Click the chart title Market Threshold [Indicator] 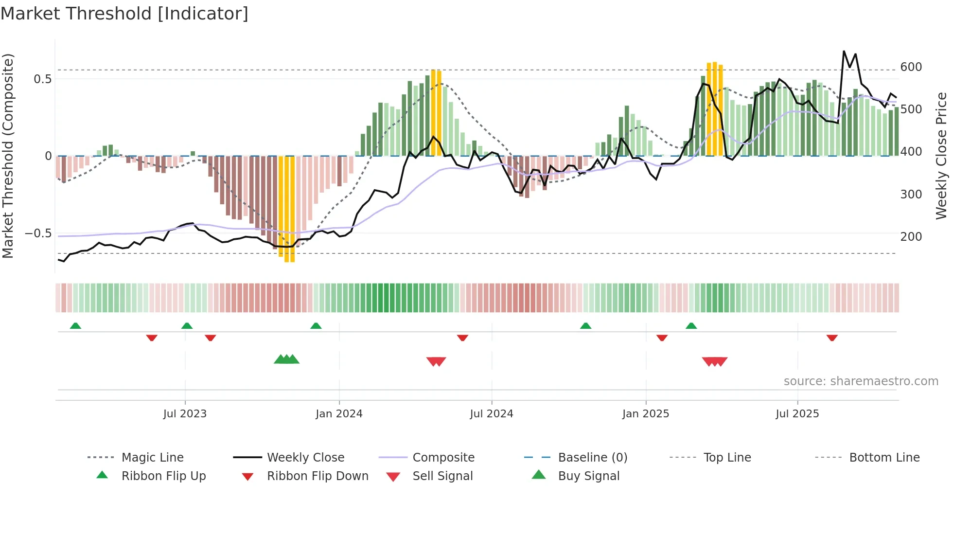click(124, 14)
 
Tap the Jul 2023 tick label click(185, 414)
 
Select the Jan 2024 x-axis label click(339, 414)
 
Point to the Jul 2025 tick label click(797, 414)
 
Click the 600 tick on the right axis click(911, 67)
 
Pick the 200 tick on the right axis click(911, 237)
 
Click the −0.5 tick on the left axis click(38, 233)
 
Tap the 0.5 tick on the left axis click(42, 79)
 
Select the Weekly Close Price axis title click(941, 156)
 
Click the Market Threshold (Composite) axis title click(8, 156)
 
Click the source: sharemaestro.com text click(861, 381)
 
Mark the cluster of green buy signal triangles click(286, 359)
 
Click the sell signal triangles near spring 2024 click(436, 361)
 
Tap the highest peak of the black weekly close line click(844, 51)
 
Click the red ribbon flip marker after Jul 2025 click(832, 338)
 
